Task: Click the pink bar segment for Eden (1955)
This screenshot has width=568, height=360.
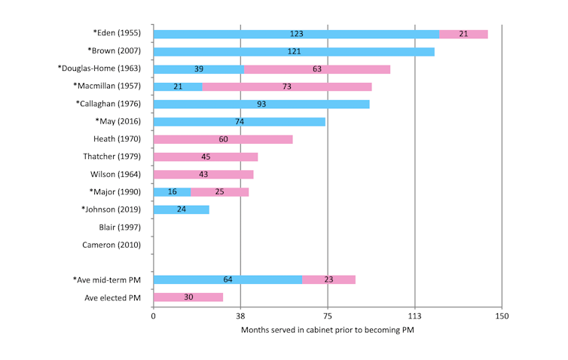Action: click(463, 34)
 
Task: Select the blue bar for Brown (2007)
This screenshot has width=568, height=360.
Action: click(294, 51)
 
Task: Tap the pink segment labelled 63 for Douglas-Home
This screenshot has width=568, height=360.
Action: click(317, 69)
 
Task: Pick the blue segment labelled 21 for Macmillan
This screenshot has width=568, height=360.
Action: click(178, 87)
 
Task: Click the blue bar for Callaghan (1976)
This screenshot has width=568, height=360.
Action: click(261, 104)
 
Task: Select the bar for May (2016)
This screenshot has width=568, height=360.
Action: click(239, 121)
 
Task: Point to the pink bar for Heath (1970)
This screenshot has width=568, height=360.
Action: click(223, 139)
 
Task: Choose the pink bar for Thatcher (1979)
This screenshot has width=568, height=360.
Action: click(206, 157)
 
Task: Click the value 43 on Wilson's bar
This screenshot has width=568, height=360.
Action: click(203, 174)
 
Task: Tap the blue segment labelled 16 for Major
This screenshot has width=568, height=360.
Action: click(172, 192)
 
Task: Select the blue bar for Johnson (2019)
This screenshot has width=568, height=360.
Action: click(181, 209)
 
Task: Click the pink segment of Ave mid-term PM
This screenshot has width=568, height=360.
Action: click(328, 279)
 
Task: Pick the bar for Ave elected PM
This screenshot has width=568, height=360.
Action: click(188, 297)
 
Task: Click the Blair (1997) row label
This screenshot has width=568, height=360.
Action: click(120, 227)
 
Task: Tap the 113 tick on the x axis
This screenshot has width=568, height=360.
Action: click(414, 316)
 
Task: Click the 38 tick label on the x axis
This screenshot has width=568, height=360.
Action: click(240, 316)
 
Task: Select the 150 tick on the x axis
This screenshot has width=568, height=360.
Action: click(502, 316)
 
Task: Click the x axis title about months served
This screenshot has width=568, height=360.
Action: click(328, 330)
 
